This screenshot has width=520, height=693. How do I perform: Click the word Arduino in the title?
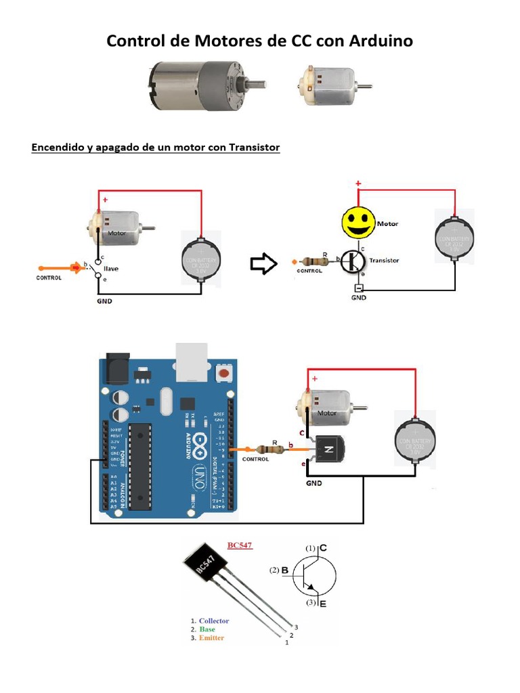381,41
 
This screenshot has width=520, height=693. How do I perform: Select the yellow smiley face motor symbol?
357,223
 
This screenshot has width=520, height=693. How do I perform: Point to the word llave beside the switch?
110,268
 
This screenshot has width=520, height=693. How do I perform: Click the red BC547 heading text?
240,545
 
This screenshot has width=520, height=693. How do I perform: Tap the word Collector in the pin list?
214,621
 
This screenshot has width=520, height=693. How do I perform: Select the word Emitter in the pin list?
211,638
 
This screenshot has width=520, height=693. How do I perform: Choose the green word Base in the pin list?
207,629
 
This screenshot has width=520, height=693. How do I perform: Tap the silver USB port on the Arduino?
191,359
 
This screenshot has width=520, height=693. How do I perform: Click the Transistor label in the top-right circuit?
384,260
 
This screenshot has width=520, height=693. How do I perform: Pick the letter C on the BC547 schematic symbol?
323,547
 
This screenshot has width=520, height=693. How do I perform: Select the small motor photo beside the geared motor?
328,85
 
